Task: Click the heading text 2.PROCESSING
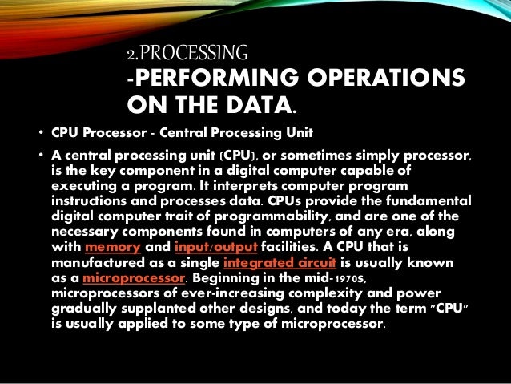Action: click(x=188, y=55)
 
